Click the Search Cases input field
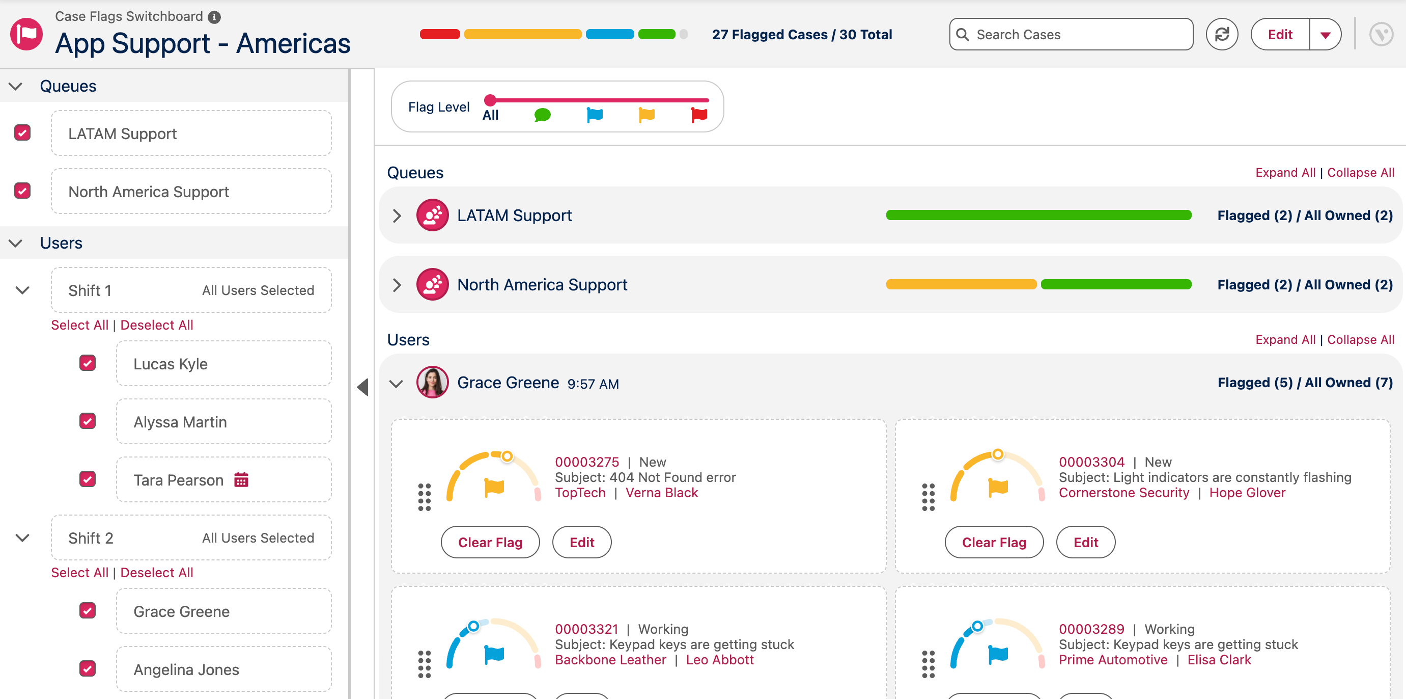coord(1071,35)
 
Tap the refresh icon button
coord(1222,35)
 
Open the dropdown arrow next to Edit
coord(1325,35)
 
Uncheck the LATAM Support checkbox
coord(22,132)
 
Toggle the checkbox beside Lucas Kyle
coord(88,363)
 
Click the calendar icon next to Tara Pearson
coord(241,479)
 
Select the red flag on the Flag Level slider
coord(699,115)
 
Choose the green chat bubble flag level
coord(542,115)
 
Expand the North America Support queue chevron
coord(397,284)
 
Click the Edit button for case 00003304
coord(1086,542)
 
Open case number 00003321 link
coord(587,629)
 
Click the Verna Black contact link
coord(662,493)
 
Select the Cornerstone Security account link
coord(1124,493)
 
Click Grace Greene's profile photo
coord(432,382)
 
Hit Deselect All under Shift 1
coord(157,325)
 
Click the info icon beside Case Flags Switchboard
coord(214,17)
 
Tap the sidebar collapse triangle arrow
coord(363,387)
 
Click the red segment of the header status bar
coord(440,35)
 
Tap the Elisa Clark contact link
coord(1219,660)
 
